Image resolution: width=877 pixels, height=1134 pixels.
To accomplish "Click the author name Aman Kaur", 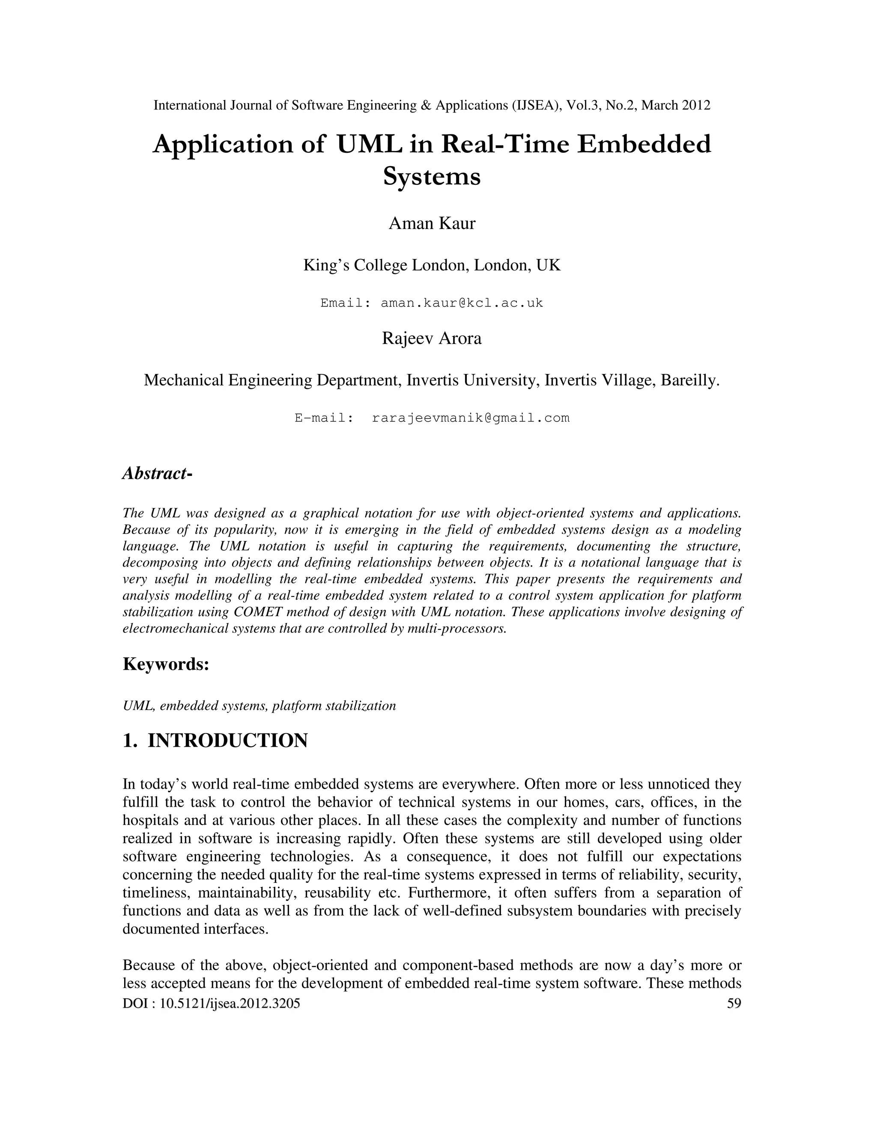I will [x=432, y=223].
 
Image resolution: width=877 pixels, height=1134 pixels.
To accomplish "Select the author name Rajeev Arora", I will [x=432, y=338].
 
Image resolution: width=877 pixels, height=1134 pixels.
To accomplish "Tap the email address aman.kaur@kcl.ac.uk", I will [x=462, y=303].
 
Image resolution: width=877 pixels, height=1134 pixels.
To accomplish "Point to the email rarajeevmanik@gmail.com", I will [x=471, y=418].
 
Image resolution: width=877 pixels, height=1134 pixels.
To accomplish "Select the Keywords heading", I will [x=166, y=664].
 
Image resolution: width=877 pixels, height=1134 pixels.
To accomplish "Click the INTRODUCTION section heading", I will [x=227, y=740].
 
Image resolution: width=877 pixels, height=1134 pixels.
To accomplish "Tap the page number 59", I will [x=734, y=1003].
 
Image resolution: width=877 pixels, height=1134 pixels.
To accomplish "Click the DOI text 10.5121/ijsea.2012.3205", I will [x=230, y=1003].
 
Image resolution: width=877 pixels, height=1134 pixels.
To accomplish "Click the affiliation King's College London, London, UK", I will [x=432, y=265].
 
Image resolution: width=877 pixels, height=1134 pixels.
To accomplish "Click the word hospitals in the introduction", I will [x=149, y=820].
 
